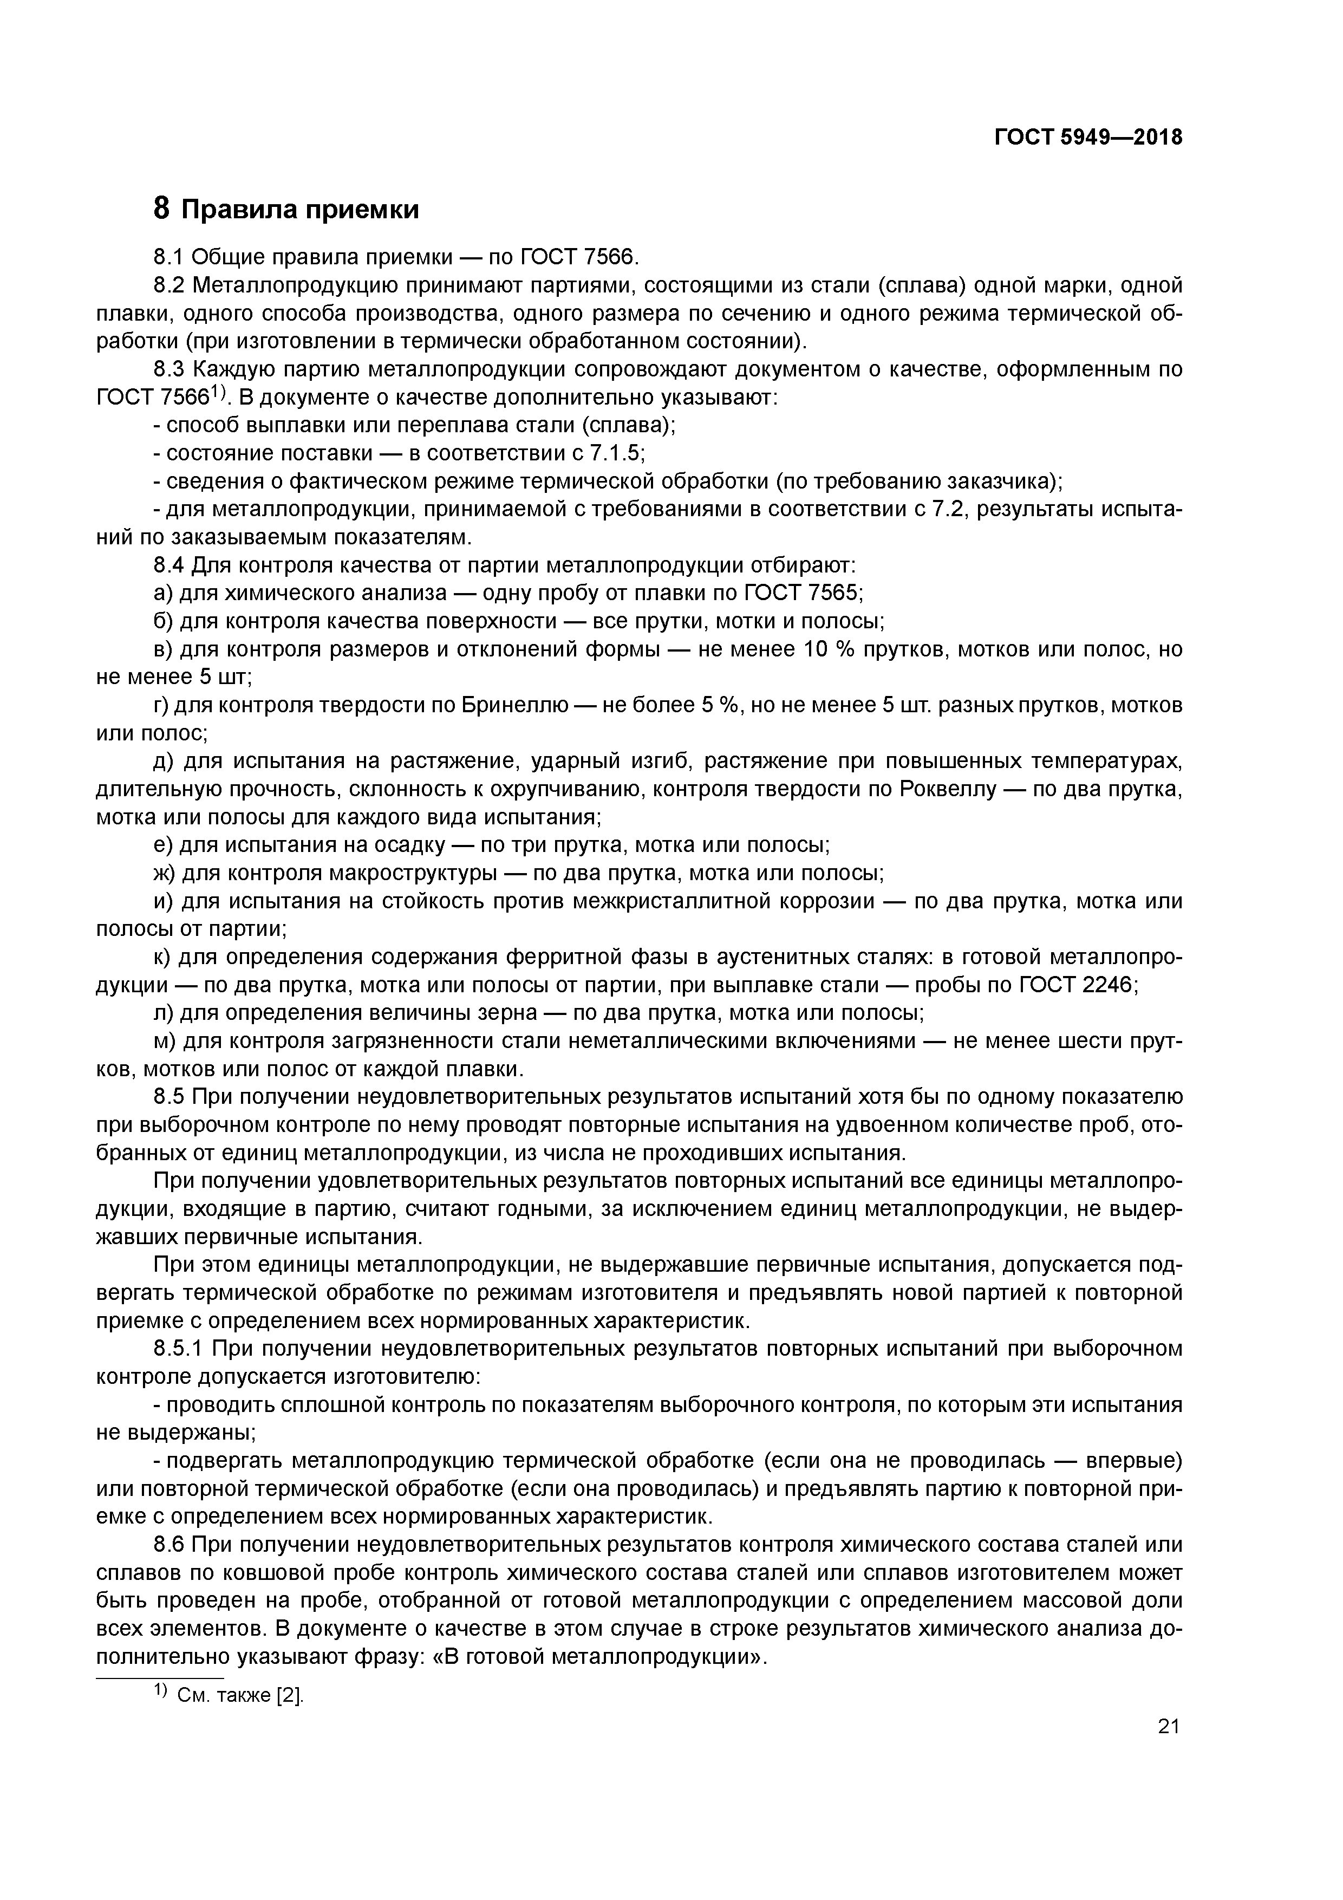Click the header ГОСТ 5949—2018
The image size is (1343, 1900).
click(x=1087, y=138)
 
